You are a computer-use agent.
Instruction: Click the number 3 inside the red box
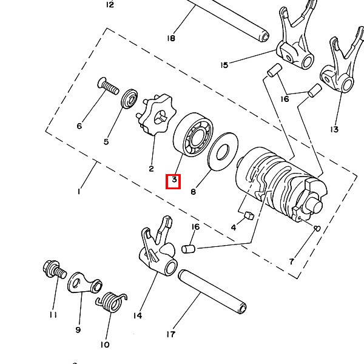click(174, 180)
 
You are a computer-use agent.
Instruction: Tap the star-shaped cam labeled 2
click(157, 115)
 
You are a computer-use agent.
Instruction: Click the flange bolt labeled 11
click(53, 269)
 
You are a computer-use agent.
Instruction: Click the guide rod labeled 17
click(212, 291)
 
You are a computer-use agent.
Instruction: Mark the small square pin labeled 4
click(248, 214)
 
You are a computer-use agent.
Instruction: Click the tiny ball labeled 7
click(317, 228)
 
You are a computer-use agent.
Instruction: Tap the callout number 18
click(170, 38)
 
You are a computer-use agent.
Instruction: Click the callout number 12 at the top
click(109, 5)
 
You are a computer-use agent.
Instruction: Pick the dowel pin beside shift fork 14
click(189, 248)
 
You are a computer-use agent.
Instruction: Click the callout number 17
click(170, 334)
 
